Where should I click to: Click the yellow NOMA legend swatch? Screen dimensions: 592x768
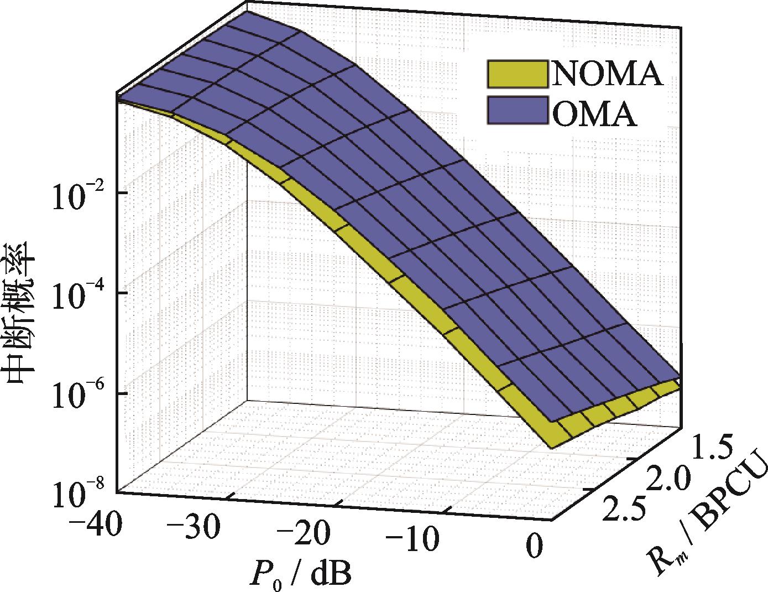pos(516,74)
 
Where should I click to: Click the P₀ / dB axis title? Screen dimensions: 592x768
pos(299,573)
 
